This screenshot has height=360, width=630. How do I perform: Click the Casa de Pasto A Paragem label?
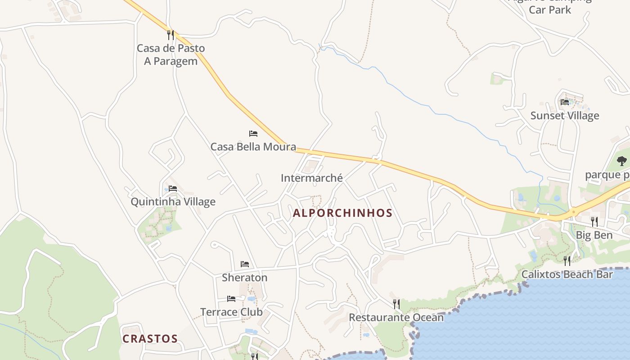[171, 54]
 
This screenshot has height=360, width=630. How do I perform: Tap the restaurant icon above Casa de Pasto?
[170, 35]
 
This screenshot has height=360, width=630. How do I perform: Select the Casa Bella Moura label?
[253, 147]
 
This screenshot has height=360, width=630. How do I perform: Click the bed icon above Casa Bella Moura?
[253, 134]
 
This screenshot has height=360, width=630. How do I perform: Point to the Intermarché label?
[312, 178]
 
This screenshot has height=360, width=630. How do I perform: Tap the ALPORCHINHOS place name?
[342, 213]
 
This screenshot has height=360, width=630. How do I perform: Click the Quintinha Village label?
[173, 202]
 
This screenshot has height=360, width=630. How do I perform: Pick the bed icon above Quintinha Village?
[173, 189]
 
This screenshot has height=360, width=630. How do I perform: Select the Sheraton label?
[244, 277]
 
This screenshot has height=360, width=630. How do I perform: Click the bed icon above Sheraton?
[244, 264]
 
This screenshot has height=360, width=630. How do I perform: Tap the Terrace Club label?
[231, 312]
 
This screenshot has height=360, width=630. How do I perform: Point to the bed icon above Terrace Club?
[231, 299]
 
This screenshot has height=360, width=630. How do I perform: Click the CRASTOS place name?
[150, 338]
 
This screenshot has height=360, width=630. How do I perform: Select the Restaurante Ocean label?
[396, 317]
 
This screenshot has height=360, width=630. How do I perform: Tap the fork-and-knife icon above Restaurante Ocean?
[396, 304]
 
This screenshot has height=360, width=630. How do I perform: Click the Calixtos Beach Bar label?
[567, 274]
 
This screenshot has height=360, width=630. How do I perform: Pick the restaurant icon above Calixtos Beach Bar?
[567, 261]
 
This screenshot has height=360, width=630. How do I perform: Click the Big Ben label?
[594, 235]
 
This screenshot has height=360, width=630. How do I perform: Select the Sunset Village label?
[565, 115]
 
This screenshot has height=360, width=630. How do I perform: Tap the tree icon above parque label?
[621, 161]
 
